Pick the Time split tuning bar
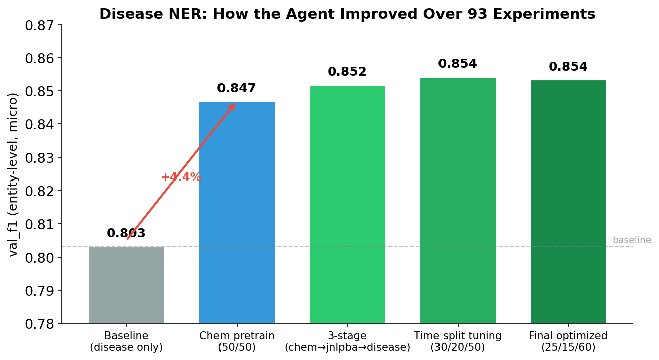(458, 201)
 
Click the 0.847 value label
(237, 89)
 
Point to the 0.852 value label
(347, 72)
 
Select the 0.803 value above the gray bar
(126, 234)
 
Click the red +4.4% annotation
(181, 177)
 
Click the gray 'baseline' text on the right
(632, 240)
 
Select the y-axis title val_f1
(14, 174)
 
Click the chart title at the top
(347, 14)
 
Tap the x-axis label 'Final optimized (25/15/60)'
(568, 342)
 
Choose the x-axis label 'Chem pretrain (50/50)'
(237, 342)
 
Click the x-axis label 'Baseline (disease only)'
(126, 342)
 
